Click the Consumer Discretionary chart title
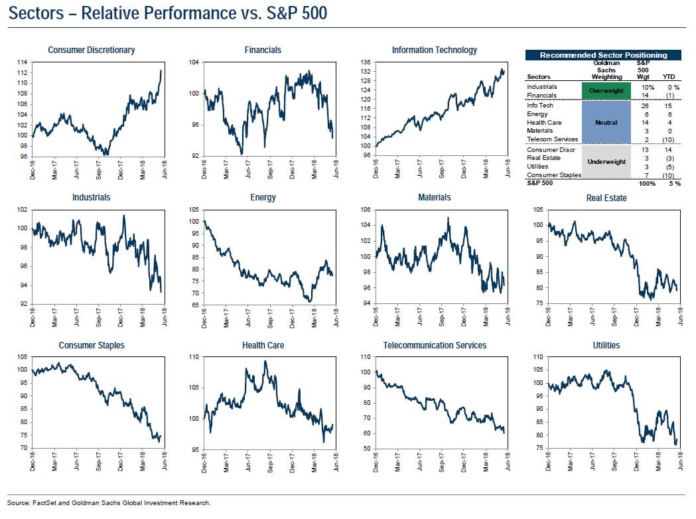point(92,50)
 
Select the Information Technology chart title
point(434,50)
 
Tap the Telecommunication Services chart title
point(435,345)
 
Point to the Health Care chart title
point(263,345)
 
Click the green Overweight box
point(606,91)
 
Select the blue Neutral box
point(606,122)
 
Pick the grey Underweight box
point(606,161)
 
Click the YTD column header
point(671,76)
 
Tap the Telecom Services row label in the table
point(552,139)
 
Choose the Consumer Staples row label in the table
point(554,175)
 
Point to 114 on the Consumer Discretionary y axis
point(23,62)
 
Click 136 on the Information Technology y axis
point(365,62)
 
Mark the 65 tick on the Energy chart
point(194,304)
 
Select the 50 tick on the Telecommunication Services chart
point(366,449)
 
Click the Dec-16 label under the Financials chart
point(205,169)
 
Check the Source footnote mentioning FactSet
point(109,502)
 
